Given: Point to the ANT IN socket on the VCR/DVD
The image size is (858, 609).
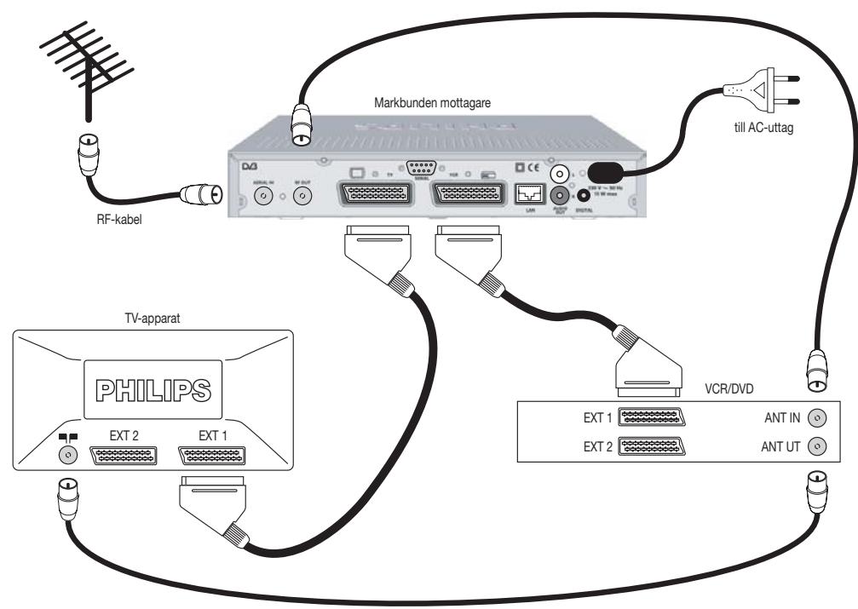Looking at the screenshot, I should [818, 418].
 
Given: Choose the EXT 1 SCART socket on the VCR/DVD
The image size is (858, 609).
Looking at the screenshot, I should [654, 418].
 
